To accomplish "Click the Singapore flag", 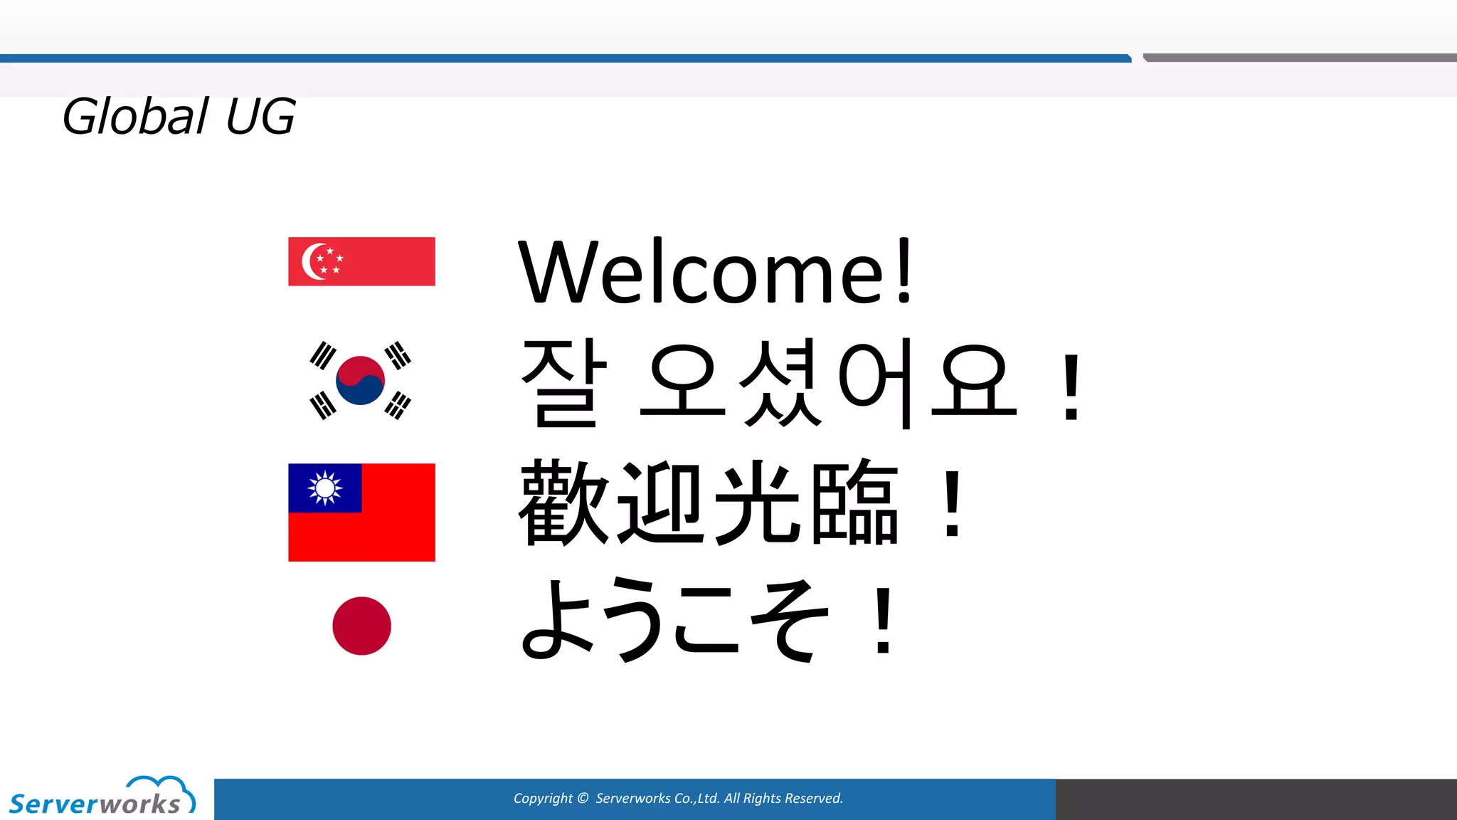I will click(x=361, y=261).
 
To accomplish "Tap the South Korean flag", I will click(x=360, y=380).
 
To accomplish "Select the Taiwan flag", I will click(x=361, y=512).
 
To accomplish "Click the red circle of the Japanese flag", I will click(x=361, y=626).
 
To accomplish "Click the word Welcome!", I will click(x=715, y=273).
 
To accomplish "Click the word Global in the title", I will click(x=136, y=116).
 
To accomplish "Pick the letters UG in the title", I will click(x=260, y=116).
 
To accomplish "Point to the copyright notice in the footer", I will click(x=678, y=799).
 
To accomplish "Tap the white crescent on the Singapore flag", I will click(x=311, y=261).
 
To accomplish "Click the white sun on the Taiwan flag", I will click(x=325, y=488).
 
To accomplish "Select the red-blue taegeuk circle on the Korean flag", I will click(x=360, y=380).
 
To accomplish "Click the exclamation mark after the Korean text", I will click(x=1071, y=388).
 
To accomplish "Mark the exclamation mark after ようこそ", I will click(x=884, y=620).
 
